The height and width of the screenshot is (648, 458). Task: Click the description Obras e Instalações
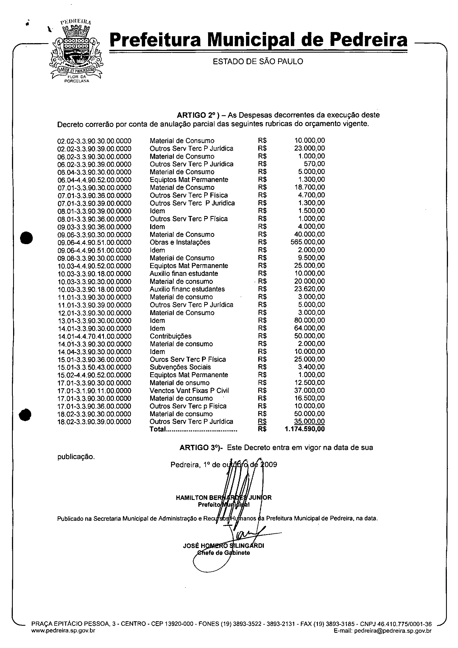click(x=180, y=242)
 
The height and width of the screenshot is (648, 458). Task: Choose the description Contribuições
click(x=170, y=336)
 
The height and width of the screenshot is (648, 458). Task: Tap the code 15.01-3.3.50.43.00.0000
click(x=94, y=367)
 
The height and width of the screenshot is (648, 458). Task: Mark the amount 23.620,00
click(x=310, y=289)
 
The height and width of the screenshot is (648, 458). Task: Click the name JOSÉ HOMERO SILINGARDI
click(x=223, y=546)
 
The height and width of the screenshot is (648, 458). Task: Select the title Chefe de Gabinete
click(x=223, y=553)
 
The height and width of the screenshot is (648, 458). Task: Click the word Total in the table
click(x=158, y=429)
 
